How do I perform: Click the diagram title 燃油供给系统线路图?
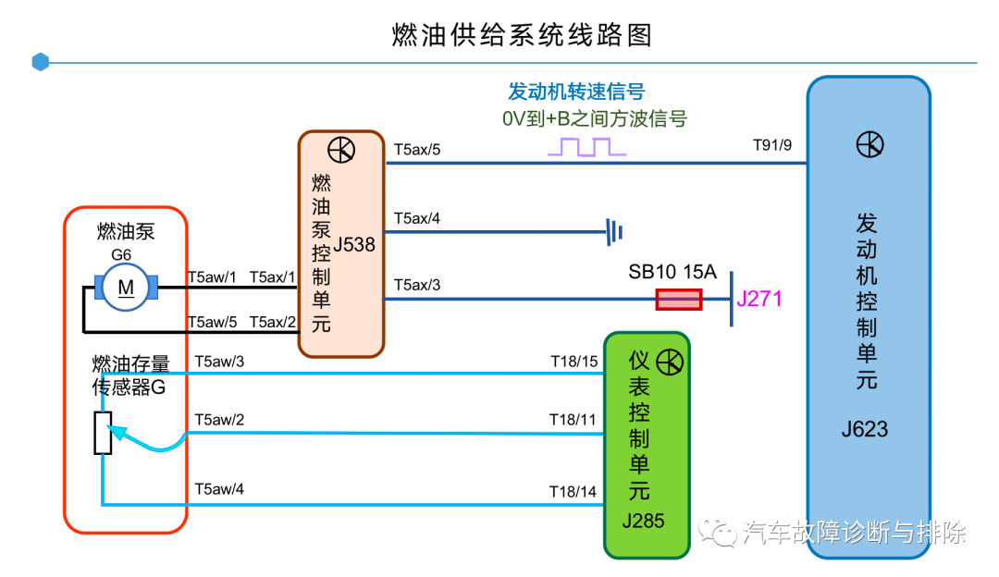(x=523, y=34)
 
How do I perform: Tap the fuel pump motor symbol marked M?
(x=126, y=288)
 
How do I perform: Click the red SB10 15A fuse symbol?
(x=678, y=300)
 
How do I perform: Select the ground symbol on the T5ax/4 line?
(x=611, y=231)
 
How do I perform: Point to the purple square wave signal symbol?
(x=581, y=147)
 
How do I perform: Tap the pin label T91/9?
(x=772, y=145)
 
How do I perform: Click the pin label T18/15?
(x=573, y=361)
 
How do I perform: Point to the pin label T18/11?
(x=573, y=420)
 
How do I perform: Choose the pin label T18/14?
(x=573, y=491)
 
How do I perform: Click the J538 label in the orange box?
(x=353, y=245)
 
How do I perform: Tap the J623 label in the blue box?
(x=865, y=429)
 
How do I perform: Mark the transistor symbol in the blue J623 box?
(x=869, y=144)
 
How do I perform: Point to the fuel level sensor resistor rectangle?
(x=103, y=433)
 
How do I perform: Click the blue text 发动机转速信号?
(x=576, y=92)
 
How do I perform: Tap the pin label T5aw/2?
(x=219, y=420)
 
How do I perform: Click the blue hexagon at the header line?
(x=40, y=62)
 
